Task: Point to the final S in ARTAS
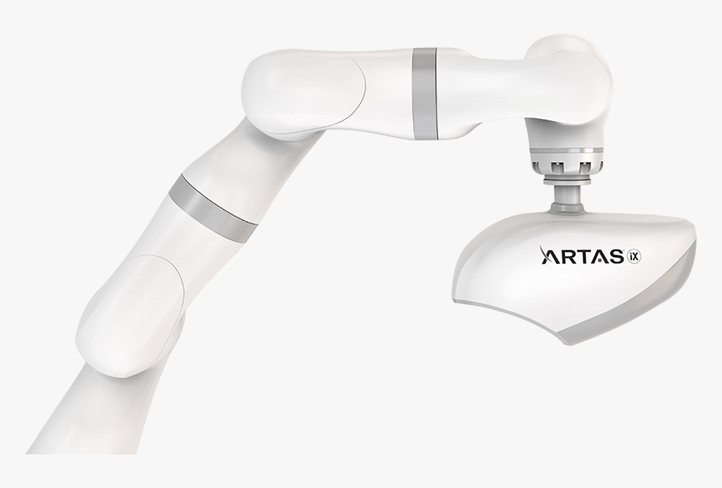[615, 255]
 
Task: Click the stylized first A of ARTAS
[550, 255]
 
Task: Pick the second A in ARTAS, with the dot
[600, 255]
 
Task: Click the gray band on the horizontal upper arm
[425, 93]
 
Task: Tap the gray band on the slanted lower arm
[212, 207]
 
